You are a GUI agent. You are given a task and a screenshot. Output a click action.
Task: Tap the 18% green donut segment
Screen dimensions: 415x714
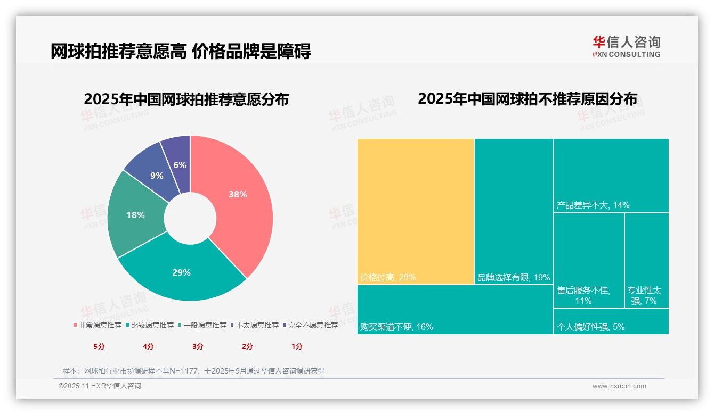pyautogui.click(x=135, y=215)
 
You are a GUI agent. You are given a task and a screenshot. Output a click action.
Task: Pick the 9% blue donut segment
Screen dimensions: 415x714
pyautogui.click(x=156, y=176)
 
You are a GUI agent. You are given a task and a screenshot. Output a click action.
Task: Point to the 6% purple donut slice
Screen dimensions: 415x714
pyautogui.click(x=180, y=165)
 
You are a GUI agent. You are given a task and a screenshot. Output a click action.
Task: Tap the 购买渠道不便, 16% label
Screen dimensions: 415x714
pyautogui.click(x=396, y=327)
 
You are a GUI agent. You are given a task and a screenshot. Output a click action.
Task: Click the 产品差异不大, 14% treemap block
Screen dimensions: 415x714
pyautogui.click(x=611, y=176)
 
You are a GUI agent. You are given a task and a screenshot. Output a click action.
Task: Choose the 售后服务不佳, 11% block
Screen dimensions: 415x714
pyautogui.click(x=589, y=260)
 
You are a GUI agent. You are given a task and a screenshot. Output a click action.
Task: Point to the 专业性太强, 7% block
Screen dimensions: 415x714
pyautogui.click(x=646, y=260)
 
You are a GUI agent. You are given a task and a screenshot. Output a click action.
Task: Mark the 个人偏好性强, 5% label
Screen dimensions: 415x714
pyautogui.click(x=590, y=327)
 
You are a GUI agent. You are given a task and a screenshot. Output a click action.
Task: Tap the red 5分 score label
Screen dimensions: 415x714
pyautogui.click(x=99, y=346)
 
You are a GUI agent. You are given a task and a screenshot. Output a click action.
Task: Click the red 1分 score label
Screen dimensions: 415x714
pyautogui.click(x=297, y=346)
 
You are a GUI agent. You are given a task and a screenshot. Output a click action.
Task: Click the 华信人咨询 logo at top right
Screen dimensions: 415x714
pyautogui.click(x=626, y=46)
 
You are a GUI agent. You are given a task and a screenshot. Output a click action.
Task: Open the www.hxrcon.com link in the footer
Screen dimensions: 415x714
pyautogui.click(x=619, y=386)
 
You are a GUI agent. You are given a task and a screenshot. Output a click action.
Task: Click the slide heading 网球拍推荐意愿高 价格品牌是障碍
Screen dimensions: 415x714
pyautogui.click(x=181, y=51)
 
